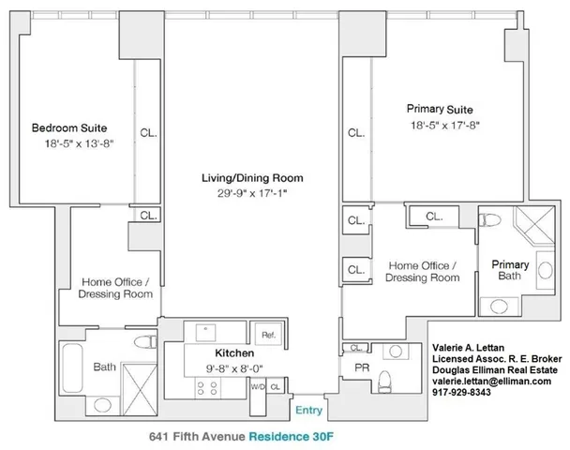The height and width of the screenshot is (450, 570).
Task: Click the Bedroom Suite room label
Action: click(x=68, y=127)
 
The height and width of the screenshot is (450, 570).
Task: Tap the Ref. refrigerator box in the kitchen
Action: click(x=267, y=335)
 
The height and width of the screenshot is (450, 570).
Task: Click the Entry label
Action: click(x=308, y=410)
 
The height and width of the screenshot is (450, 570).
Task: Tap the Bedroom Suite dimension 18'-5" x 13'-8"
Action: click(x=68, y=145)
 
